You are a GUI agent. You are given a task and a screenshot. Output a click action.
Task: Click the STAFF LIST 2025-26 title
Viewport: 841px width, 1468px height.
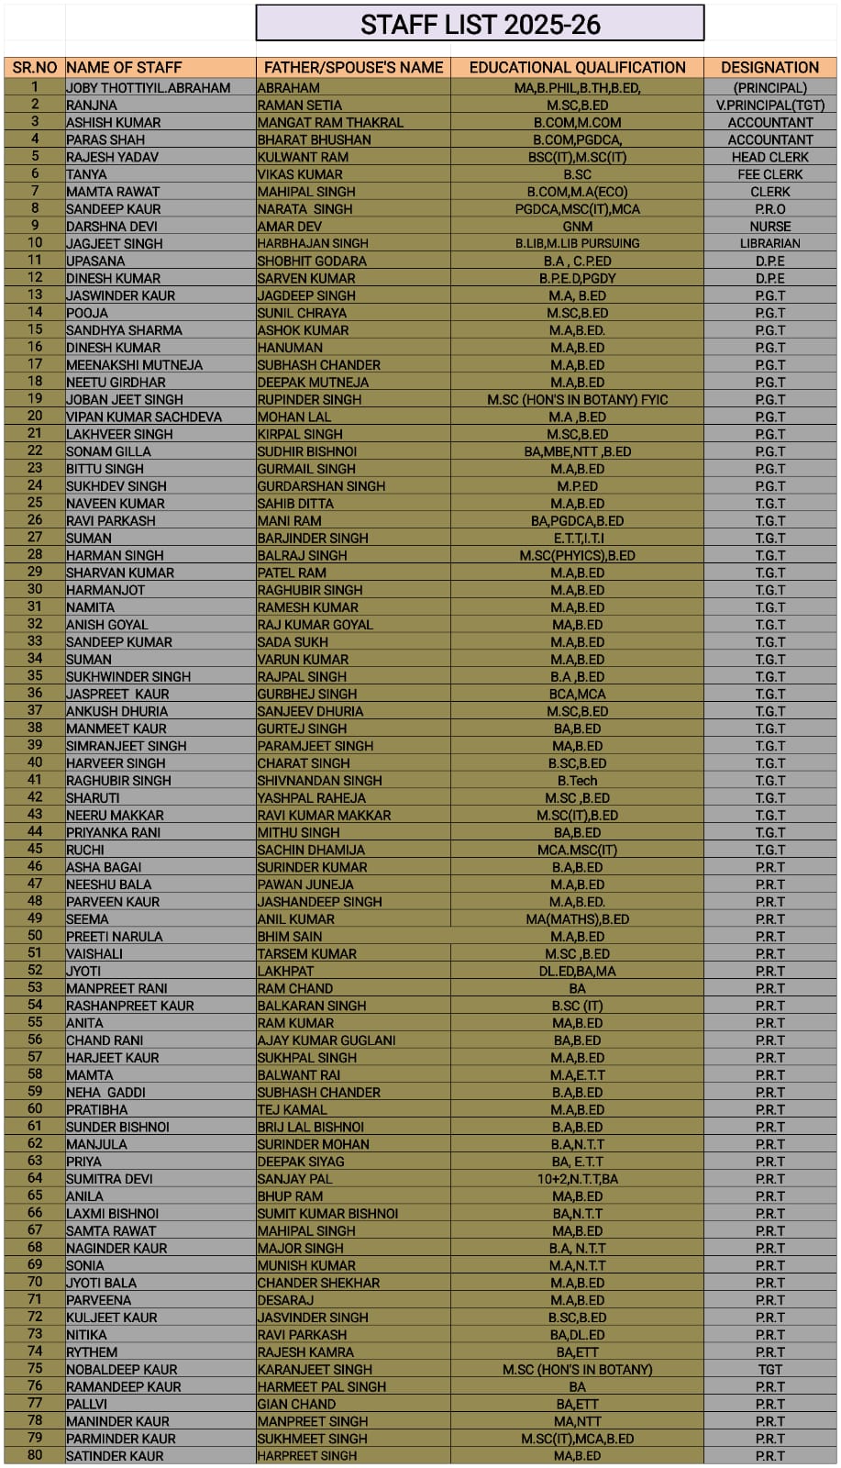(x=480, y=24)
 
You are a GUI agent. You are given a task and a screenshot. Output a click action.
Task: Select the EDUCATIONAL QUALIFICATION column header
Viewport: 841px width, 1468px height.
(x=577, y=67)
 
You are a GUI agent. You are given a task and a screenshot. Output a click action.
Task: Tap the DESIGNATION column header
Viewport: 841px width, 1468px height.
(x=769, y=67)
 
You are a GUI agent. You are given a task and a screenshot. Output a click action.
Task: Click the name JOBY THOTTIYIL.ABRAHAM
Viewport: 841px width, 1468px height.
(x=148, y=88)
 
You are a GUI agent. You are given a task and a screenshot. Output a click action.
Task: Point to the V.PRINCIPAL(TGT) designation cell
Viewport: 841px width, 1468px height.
(x=769, y=106)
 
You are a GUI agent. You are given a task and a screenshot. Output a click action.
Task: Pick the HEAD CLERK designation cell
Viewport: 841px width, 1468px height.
(x=769, y=157)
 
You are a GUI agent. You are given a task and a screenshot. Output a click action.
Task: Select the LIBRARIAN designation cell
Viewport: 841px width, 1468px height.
(x=769, y=243)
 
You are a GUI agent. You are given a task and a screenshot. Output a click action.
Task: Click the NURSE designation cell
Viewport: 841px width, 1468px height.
(x=769, y=227)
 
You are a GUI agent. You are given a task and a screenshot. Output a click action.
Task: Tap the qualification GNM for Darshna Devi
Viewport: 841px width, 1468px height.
(x=577, y=227)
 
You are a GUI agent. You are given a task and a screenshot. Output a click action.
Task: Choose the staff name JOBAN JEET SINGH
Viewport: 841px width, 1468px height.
(x=125, y=399)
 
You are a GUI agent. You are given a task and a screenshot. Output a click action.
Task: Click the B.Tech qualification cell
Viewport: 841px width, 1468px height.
(x=577, y=781)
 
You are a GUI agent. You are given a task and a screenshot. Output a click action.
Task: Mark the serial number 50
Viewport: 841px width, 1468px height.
(x=35, y=936)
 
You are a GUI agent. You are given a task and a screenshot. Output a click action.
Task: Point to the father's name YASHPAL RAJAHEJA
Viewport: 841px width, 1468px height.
(x=311, y=798)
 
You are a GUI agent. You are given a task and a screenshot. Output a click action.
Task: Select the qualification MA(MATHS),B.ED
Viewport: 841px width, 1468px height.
(x=577, y=919)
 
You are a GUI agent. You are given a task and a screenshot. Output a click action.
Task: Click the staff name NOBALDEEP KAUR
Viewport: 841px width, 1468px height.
(x=122, y=1369)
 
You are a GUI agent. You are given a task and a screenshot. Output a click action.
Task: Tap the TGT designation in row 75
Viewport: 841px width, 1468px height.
(x=769, y=1369)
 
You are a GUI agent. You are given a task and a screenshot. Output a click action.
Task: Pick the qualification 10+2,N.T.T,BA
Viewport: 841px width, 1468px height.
(x=577, y=1179)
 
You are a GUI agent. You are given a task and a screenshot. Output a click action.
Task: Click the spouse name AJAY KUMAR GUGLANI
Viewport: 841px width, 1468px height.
(x=326, y=1040)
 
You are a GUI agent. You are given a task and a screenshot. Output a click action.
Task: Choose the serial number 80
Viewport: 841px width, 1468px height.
(x=35, y=1455)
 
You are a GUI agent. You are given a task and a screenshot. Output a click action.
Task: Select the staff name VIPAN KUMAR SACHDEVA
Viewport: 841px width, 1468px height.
(x=144, y=417)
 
